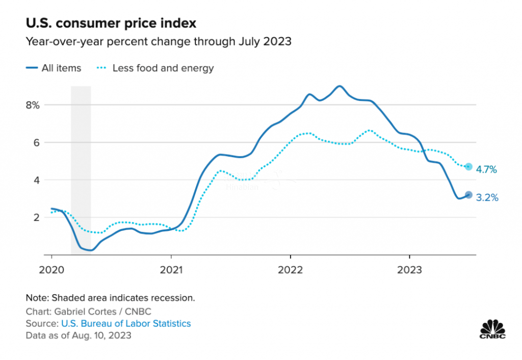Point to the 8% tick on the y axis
tap(33, 105)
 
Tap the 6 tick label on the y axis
tap(36, 142)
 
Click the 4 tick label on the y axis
tap(36, 180)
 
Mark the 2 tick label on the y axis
tap(36, 217)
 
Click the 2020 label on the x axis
tap(51, 269)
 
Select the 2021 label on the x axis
tap(171, 269)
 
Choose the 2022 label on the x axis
tap(290, 269)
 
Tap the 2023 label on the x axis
tap(409, 269)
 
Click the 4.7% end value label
tap(486, 169)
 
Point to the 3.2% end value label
tap(486, 197)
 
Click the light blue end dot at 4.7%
tap(468, 167)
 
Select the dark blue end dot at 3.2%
tap(468, 195)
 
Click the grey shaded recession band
tap(81, 153)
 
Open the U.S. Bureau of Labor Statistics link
tap(126, 323)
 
